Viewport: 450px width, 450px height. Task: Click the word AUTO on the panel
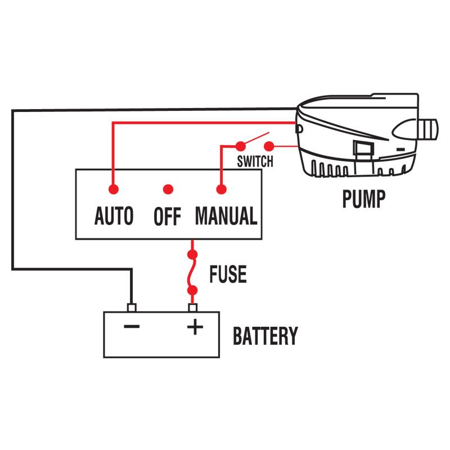[114, 216]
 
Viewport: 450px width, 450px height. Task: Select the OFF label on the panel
[167, 217]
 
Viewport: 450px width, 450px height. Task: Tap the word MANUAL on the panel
[226, 216]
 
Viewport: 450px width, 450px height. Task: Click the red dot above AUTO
[114, 189]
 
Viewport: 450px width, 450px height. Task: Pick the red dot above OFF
[167, 189]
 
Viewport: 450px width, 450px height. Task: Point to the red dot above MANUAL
[220, 189]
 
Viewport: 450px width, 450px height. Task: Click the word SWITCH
[255, 162]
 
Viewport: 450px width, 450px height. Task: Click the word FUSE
[228, 274]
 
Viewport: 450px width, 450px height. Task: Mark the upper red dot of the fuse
[193, 254]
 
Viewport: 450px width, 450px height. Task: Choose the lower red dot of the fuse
[193, 291]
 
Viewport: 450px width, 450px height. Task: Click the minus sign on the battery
[132, 327]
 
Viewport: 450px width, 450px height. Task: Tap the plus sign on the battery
[194, 327]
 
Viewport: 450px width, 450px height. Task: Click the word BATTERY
[265, 336]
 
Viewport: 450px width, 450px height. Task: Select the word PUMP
[364, 199]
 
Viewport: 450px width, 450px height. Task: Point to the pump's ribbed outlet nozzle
[430, 128]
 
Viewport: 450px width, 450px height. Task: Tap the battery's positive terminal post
[193, 307]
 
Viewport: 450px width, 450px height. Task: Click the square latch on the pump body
[363, 150]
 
